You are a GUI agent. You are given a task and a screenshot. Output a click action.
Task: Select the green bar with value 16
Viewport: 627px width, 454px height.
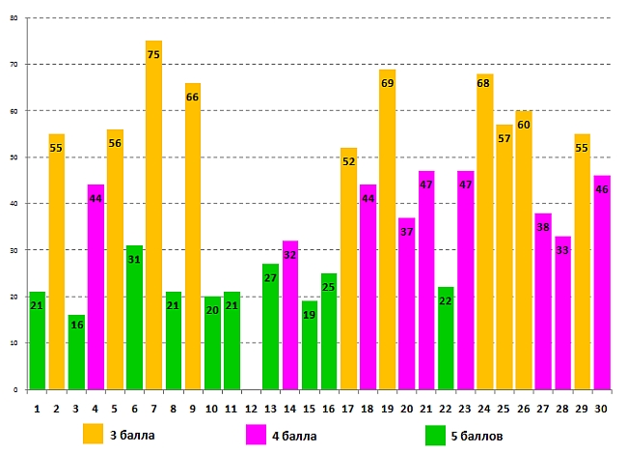tap(76, 352)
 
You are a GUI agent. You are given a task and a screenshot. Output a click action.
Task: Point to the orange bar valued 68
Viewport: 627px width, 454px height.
tap(484, 231)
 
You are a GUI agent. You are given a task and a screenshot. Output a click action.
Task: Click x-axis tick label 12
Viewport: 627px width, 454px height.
tap(251, 410)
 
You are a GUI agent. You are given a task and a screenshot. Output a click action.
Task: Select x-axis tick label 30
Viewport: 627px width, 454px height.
tap(601, 410)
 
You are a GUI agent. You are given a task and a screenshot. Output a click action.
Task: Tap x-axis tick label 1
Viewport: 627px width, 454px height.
tap(37, 410)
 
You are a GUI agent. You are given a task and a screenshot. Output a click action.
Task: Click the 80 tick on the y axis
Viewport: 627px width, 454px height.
tap(14, 18)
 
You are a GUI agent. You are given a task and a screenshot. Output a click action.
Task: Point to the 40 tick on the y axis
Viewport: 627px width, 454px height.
tap(14, 204)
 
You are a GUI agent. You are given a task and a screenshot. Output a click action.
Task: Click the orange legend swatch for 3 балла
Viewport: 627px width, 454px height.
tap(94, 434)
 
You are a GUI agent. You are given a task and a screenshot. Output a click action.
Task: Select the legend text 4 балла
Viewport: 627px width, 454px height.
tap(295, 436)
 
